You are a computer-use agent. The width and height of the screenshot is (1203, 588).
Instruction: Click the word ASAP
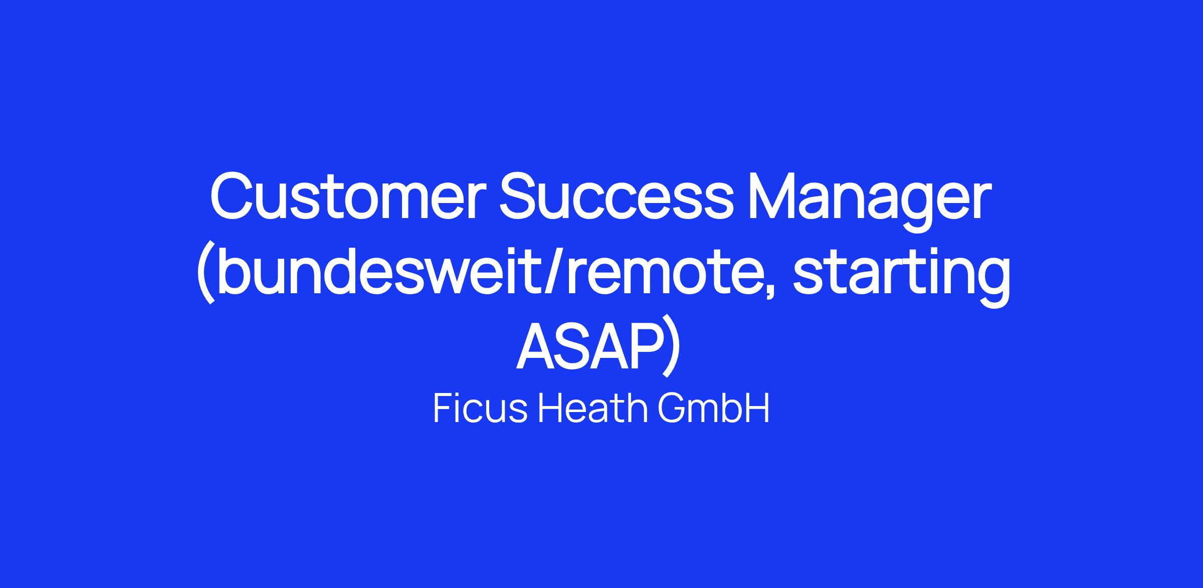(x=589, y=345)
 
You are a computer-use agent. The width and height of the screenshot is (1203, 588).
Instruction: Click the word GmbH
(x=714, y=409)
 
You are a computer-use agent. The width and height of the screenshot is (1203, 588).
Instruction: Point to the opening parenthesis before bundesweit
(x=206, y=274)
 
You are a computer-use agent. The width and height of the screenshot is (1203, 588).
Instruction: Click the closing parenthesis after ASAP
(x=672, y=349)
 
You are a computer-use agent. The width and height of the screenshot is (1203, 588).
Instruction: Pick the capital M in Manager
(x=774, y=196)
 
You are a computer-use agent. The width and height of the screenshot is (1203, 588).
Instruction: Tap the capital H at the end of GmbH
(x=756, y=409)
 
